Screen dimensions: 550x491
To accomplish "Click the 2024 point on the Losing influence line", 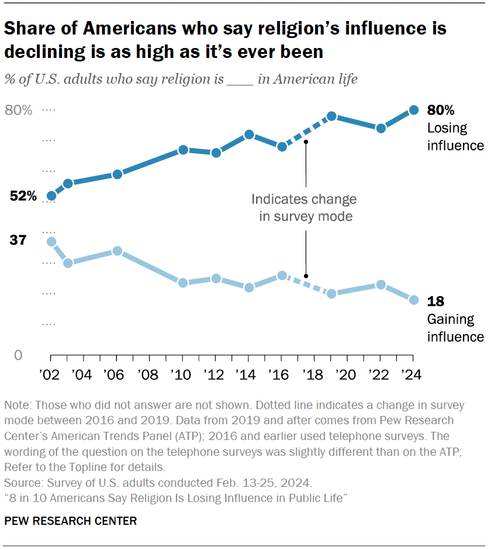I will tap(413, 110).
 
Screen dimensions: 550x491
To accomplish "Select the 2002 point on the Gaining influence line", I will tap(51, 242).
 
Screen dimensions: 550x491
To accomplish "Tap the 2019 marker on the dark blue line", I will tap(331, 116).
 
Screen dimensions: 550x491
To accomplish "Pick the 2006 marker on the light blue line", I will tap(117, 251).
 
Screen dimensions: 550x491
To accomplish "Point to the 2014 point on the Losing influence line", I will tap(249, 135).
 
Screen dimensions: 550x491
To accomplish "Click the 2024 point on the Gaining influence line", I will tap(413, 300).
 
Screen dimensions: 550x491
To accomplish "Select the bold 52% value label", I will tap(23, 197).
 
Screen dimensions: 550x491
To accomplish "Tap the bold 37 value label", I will tap(18, 240).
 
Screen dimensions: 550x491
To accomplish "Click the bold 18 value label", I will tap(435, 302).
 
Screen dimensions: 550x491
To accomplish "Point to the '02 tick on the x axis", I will tap(51, 373).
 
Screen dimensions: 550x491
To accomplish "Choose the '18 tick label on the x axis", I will tap(314, 373).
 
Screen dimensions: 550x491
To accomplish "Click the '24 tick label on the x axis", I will tap(413, 373).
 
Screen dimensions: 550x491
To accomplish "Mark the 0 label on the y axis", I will tap(18, 355).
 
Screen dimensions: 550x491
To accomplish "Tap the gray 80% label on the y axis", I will tap(19, 110).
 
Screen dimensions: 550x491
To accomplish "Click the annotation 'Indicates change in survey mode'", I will tap(303, 208).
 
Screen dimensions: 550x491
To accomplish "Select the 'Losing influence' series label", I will tap(455, 136).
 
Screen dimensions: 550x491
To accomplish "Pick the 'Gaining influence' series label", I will tap(455, 328).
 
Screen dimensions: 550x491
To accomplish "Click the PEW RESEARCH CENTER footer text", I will tap(71, 521).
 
